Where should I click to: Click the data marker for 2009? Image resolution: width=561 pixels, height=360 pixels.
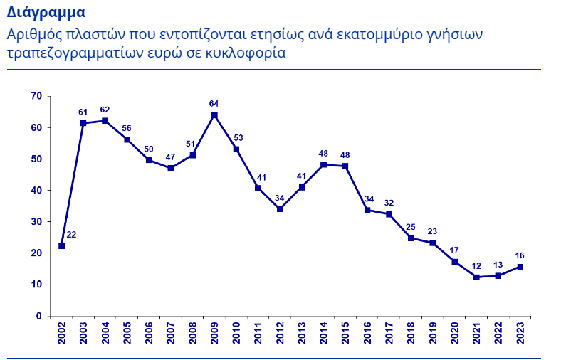tap(214, 115)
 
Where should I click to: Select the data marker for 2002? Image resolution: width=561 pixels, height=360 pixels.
tap(62, 246)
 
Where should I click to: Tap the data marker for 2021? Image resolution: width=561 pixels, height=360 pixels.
tap(477, 277)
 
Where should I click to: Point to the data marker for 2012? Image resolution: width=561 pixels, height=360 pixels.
tap(280, 209)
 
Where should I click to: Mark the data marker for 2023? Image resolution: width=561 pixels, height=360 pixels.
tap(521, 267)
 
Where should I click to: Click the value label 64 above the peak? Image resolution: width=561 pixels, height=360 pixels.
tap(214, 104)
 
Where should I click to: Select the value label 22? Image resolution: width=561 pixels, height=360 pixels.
tap(71, 235)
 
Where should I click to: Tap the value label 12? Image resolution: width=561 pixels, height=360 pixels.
tap(477, 265)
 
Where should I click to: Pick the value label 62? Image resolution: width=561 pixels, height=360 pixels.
tap(105, 110)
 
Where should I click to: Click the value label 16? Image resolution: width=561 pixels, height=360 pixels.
tap(520, 255)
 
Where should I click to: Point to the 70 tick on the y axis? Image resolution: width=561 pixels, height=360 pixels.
tap(36, 96)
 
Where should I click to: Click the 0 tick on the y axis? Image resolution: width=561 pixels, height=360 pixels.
tap(39, 316)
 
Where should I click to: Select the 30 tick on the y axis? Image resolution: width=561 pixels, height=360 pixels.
tap(36, 221)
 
